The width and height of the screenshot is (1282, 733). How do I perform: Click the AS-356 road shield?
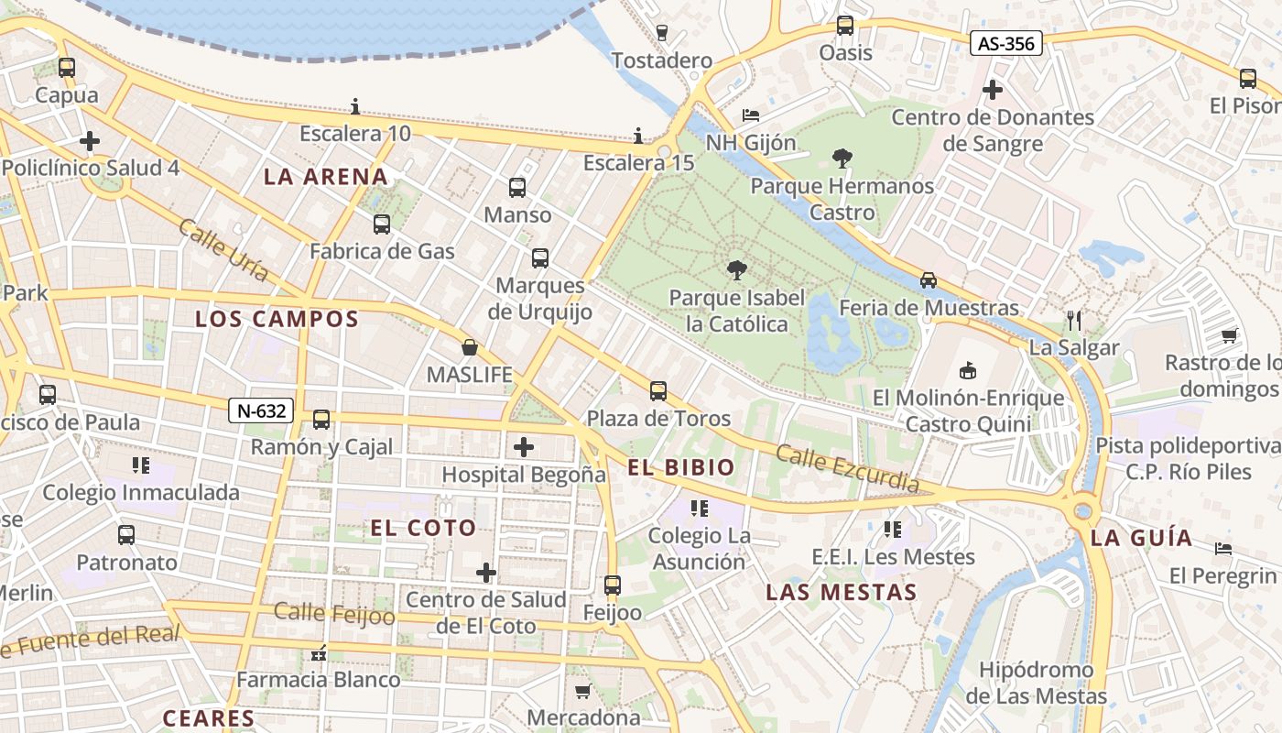[x=1006, y=43]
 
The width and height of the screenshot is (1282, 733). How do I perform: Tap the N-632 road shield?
[x=261, y=411]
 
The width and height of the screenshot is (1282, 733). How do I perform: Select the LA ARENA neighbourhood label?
[x=326, y=177]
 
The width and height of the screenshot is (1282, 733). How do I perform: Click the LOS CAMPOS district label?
[x=277, y=319]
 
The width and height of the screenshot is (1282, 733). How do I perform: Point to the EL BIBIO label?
[x=681, y=467]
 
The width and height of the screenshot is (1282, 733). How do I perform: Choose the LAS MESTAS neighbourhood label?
[x=842, y=592]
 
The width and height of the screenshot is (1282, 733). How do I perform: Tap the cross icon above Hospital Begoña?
[x=524, y=447]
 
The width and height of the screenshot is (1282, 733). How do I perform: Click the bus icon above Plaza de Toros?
[x=658, y=391]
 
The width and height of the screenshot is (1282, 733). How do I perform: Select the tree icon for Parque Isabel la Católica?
[x=735, y=270]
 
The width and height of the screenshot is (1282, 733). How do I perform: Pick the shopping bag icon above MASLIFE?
[x=470, y=347]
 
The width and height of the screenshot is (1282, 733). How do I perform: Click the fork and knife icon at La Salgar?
[x=1074, y=321]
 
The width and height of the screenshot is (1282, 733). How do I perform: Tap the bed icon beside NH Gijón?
[x=750, y=115]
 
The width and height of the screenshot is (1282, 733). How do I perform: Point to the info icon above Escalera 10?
[x=355, y=107]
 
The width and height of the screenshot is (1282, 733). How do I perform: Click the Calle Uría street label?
[x=224, y=249]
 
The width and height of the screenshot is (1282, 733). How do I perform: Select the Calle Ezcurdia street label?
[x=847, y=467]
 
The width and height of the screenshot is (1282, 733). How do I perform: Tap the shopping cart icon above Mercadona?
[x=582, y=690]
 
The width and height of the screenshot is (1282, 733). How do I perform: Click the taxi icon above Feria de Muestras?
[x=929, y=280]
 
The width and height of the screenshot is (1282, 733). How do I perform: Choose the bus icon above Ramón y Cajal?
[x=321, y=420]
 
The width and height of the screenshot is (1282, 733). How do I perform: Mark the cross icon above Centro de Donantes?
[x=993, y=90]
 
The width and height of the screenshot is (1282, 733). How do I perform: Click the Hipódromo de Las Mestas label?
[x=1037, y=683]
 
